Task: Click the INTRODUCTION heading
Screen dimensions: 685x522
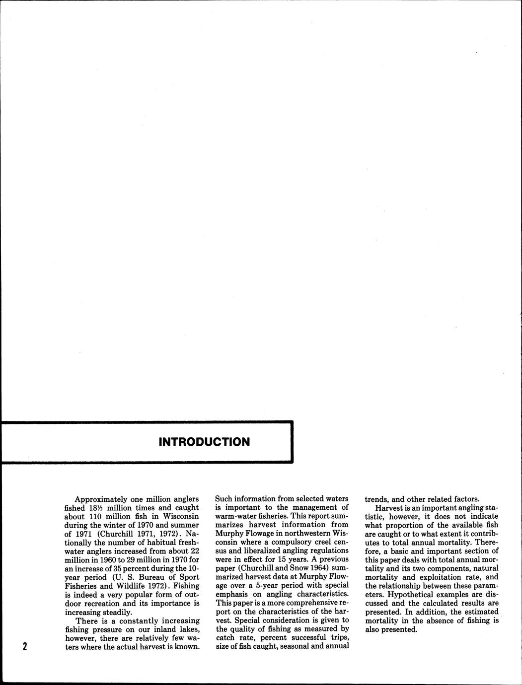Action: click(x=204, y=442)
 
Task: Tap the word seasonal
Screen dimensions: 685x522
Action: click(x=302, y=646)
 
